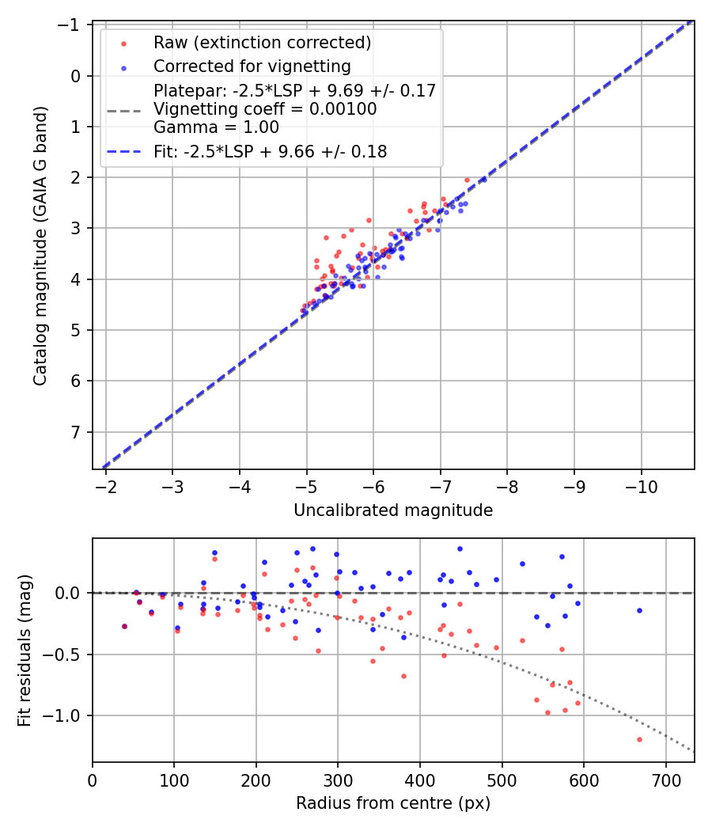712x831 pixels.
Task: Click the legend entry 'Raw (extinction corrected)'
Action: pos(262,43)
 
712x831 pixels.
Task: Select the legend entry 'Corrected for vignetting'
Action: pos(252,66)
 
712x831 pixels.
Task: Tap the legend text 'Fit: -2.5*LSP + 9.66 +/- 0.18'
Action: pos(270,152)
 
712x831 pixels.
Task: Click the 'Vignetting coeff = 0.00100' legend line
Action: pos(265,109)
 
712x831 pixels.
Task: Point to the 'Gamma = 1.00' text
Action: pos(216,127)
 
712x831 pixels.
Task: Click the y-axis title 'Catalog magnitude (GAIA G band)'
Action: pos(40,245)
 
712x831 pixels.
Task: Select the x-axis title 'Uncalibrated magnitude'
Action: pos(393,510)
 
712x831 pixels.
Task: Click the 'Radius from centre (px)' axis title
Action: pos(393,803)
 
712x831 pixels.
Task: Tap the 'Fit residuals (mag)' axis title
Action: pos(25,650)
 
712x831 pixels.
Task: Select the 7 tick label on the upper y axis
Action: pos(77,432)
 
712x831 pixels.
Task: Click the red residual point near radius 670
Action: pos(639,739)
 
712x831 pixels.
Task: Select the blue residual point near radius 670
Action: pos(639,610)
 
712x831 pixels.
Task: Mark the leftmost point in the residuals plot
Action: pos(124,626)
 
